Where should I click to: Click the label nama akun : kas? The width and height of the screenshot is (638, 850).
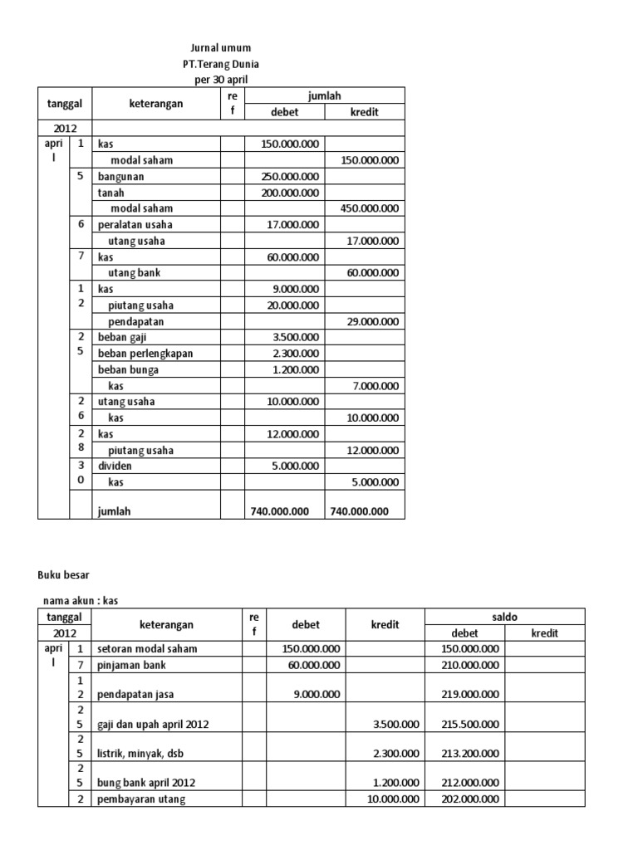(x=87, y=601)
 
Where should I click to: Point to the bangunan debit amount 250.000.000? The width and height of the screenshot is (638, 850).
(x=289, y=177)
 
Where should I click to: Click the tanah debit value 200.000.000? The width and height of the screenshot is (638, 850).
(x=289, y=193)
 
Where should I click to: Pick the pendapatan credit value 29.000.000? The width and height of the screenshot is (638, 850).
(x=367, y=321)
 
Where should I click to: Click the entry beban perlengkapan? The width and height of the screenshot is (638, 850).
(x=145, y=354)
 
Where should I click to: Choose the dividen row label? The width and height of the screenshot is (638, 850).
(x=115, y=466)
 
